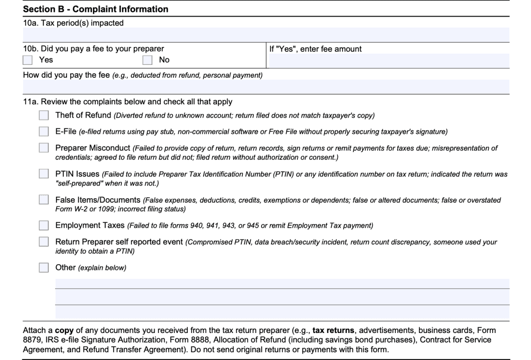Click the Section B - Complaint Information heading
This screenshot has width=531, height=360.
(x=96, y=9)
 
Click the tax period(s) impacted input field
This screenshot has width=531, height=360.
(x=265, y=35)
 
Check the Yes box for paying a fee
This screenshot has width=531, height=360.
(x=28, y=60)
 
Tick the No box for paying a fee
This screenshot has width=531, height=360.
(x=147, y=60)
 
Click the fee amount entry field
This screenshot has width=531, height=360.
(x=389, y=60)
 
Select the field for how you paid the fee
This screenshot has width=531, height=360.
(x=265, y=87)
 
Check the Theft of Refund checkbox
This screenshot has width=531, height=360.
(x=44, y=116)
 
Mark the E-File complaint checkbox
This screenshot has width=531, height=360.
(x=44, y=132)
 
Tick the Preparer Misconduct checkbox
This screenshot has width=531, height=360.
(x=44, y=148)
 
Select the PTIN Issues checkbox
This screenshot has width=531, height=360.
(x=44, y=174)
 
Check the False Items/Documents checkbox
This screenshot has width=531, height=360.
(x=44, y=200)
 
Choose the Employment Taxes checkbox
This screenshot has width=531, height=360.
(x=44, y=226)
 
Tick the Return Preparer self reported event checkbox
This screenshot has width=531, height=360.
(x=44, y=242)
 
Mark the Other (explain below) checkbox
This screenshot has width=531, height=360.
(x=44, y=268)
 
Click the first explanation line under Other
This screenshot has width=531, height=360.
(x=282, y=284)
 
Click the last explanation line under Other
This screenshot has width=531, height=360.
(x=282, y=312)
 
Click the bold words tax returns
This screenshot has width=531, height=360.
(x=333, y=330)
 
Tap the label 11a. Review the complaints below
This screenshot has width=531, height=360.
(x=128, y=102)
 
